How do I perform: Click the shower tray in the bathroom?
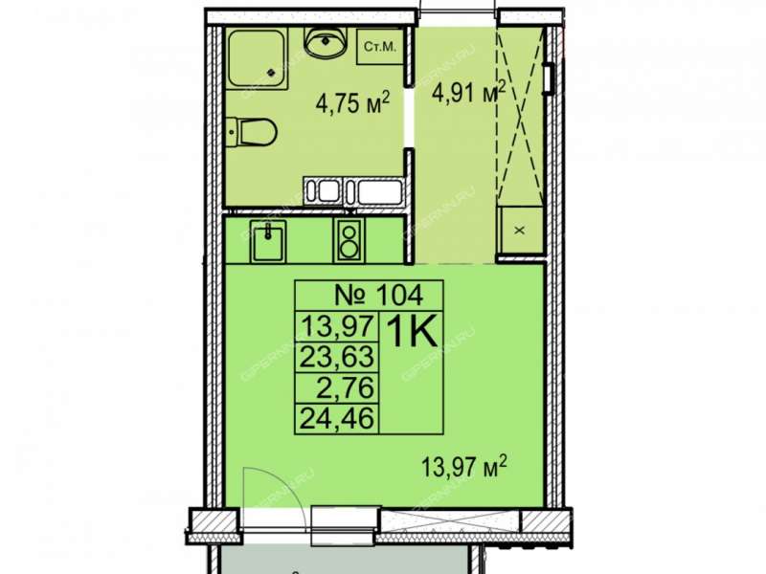(x=259, y=59)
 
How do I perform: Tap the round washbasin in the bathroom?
(x=326, y=41)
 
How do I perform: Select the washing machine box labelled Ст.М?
(x=380, y=47)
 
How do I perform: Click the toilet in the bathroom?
(x=253, y=131)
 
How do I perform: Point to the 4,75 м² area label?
(x=352, y=102)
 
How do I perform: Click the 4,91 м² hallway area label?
(x=468, y=91)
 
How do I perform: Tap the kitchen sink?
(x=268, y=240)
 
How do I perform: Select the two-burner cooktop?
(x=349, y=240)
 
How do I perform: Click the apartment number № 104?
(x=378, y=295)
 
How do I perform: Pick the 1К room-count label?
(x=412, y=332)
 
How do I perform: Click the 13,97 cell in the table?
(x=338, y=326)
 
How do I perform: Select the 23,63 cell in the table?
(x=337, y=357)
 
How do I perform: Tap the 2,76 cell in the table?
(x=346, y=388)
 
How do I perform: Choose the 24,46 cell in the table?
(x=337, y=418)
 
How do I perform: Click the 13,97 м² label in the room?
(x=463, y=467)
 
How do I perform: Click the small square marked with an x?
(x=520, y=230)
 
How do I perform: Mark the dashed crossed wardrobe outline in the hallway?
(x=520, y=116)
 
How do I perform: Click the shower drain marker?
(x=271, y=73)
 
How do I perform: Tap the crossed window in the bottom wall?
(x=451, y=520)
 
